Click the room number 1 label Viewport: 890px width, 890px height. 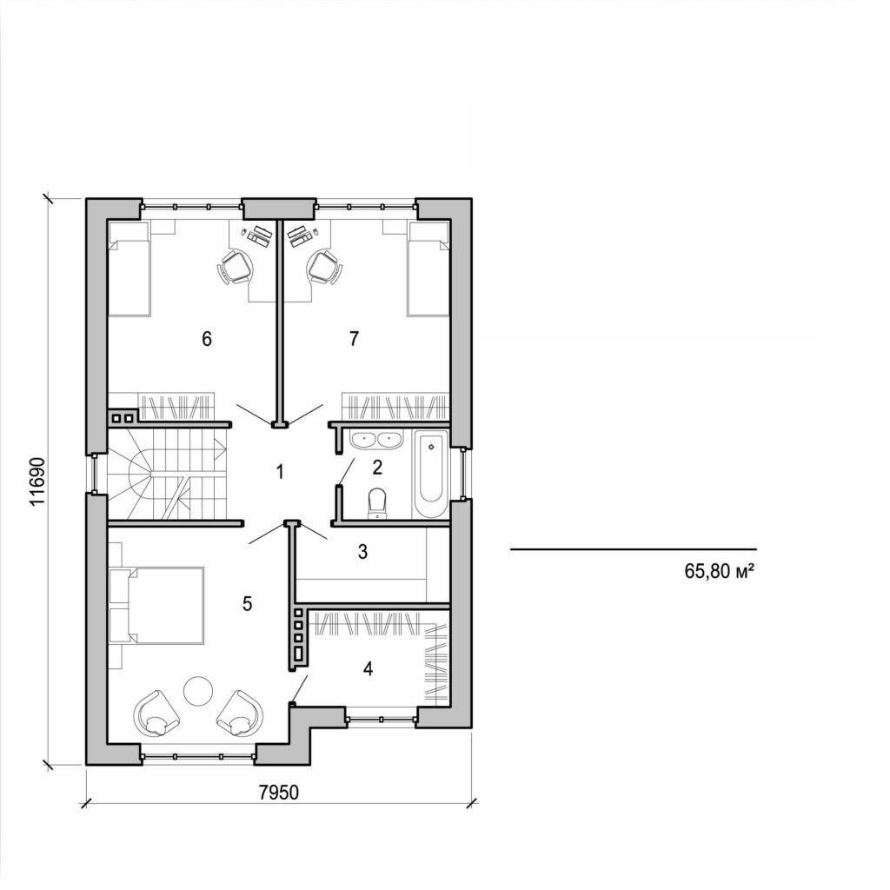(280, 473)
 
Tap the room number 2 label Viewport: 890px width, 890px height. (376, 468)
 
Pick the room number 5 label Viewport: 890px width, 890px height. (248, 603)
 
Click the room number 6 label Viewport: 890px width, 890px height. (207, 338)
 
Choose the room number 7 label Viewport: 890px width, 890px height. (353, 338)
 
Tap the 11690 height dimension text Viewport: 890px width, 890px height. (36, 480)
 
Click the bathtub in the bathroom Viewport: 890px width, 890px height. (429, 475)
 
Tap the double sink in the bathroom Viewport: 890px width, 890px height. (376, 441)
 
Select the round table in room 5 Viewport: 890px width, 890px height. (196, 691)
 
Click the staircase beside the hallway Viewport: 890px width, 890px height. (167, 475)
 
